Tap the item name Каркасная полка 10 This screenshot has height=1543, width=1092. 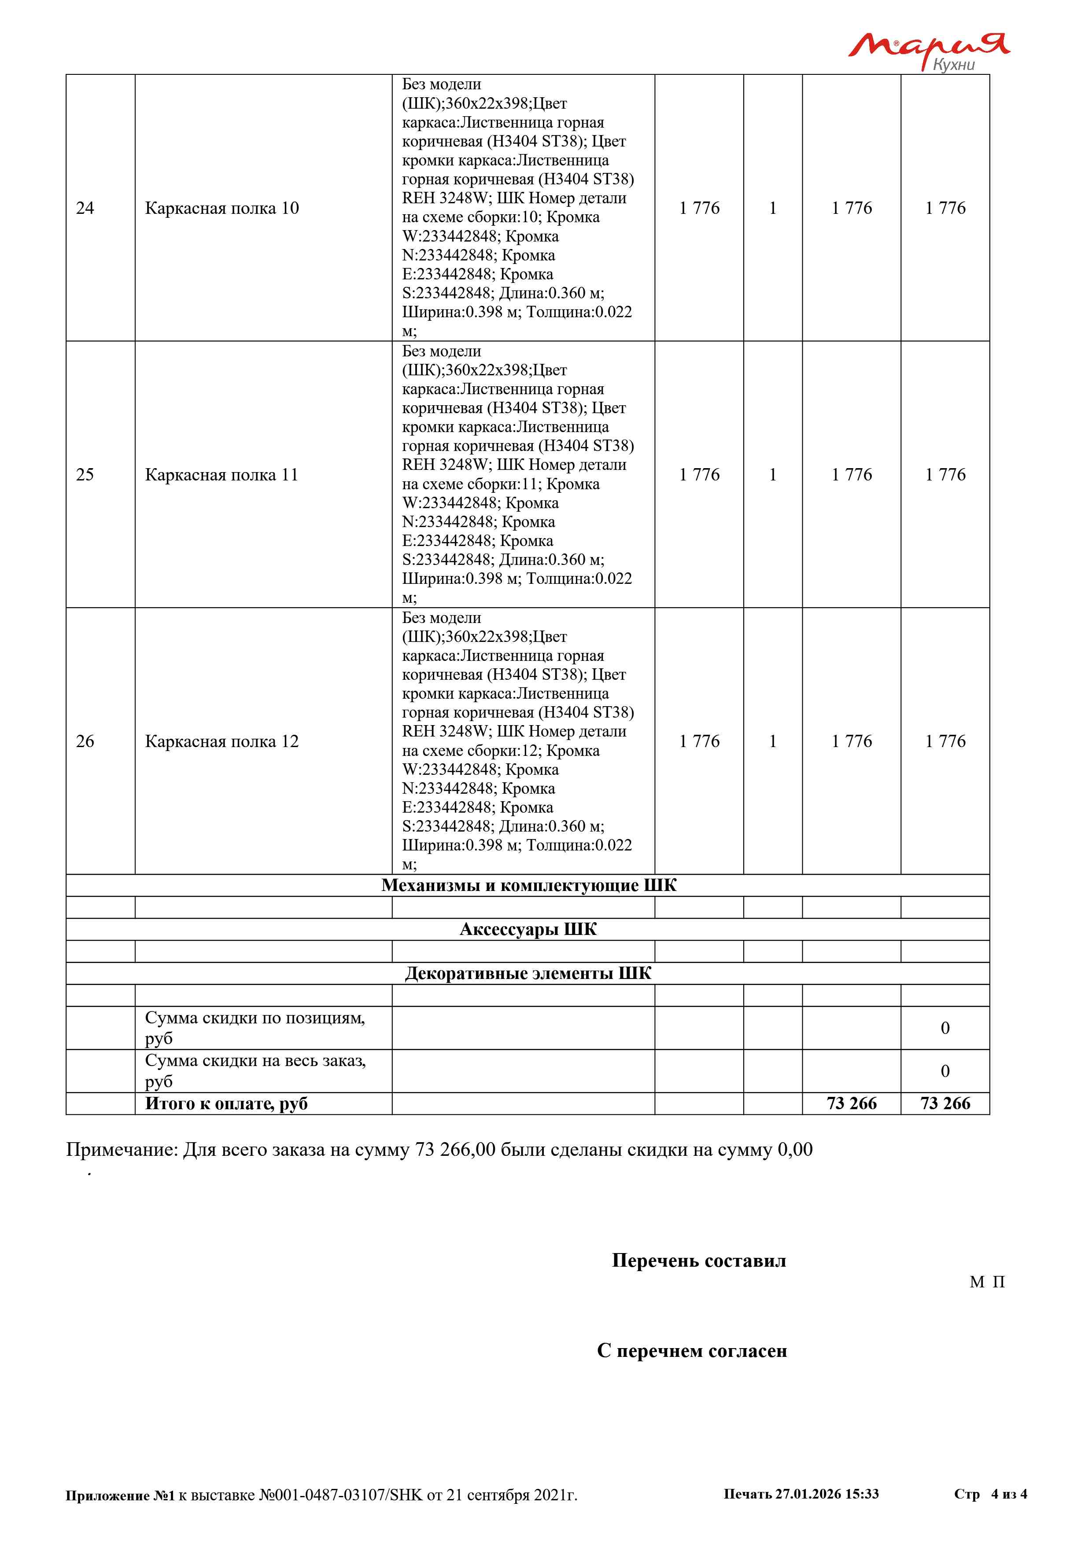[x=222, y=209]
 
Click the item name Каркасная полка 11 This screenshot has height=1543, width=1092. [x=221, y=475]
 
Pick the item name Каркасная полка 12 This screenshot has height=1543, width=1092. [x=222, y=742]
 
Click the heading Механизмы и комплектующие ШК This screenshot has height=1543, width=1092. [x=528, y=886]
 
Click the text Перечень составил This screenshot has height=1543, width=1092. [x=699, y=1261]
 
